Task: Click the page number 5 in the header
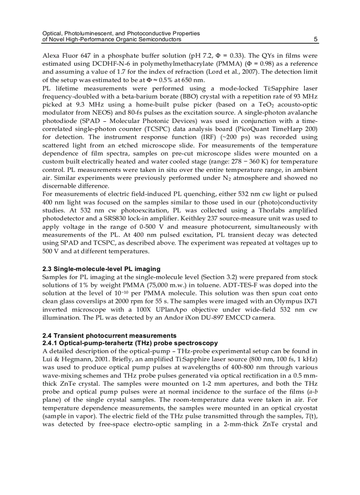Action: (315, 40)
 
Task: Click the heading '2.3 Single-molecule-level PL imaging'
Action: (101, 269)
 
